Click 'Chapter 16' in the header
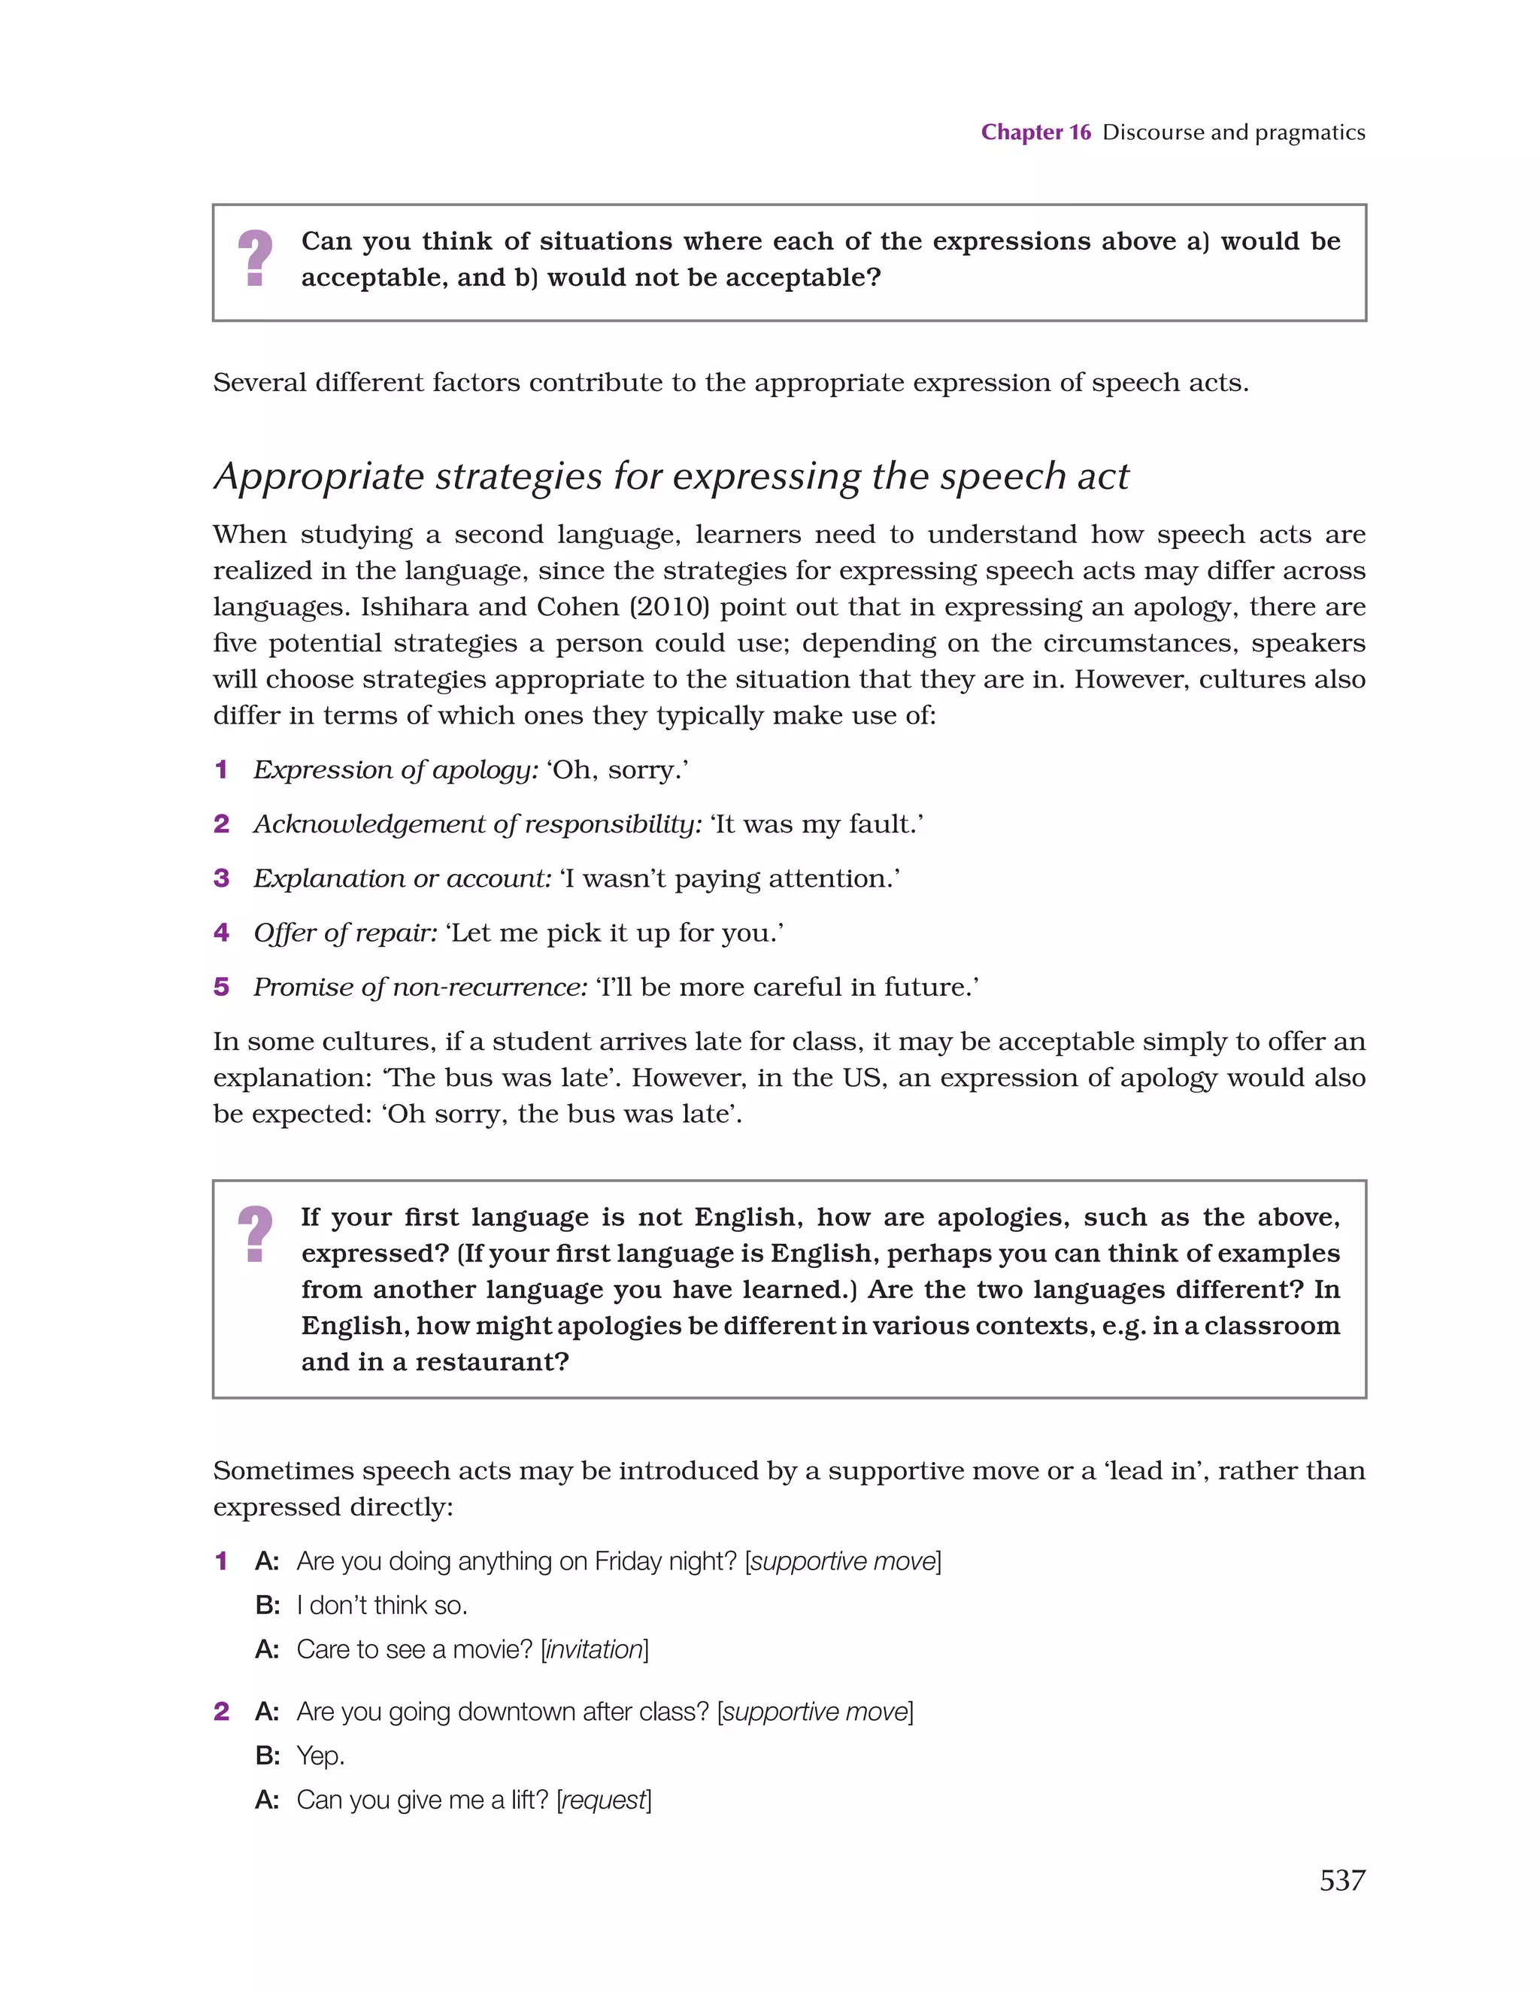click(x=1035, y=132)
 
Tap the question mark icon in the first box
click(x=255, y=258)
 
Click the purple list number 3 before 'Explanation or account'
click(x=221, y=878)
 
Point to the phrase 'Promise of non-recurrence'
click(x=420, y=987)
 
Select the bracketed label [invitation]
click(x=594, y=1649)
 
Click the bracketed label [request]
click(x=604, y=1800)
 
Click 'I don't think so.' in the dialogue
click(x=382, y=1606)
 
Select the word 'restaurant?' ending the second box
click(x=492, y=1362)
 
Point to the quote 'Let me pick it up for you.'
click(x=614, y=933)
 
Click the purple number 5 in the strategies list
click(x=221, y=987)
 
